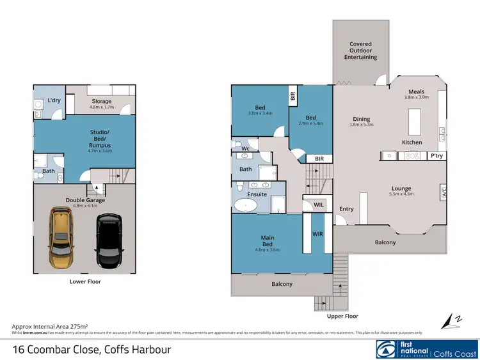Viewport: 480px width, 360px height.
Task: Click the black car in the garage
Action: point(108,241)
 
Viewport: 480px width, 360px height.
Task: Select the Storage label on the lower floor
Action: point(101,101)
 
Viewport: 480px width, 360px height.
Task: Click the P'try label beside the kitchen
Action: point(436,155)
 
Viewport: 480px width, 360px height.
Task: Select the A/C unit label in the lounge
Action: point(444,192)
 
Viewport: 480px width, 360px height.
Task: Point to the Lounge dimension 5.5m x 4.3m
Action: point(401,194)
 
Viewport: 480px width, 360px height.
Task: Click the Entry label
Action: point(346,209)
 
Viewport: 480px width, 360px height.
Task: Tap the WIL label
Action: point(317,205)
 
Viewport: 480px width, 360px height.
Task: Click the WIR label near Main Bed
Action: point(317,234)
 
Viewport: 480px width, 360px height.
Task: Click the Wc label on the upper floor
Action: point(236,148)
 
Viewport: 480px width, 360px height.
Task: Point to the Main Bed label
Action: point(268,238)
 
